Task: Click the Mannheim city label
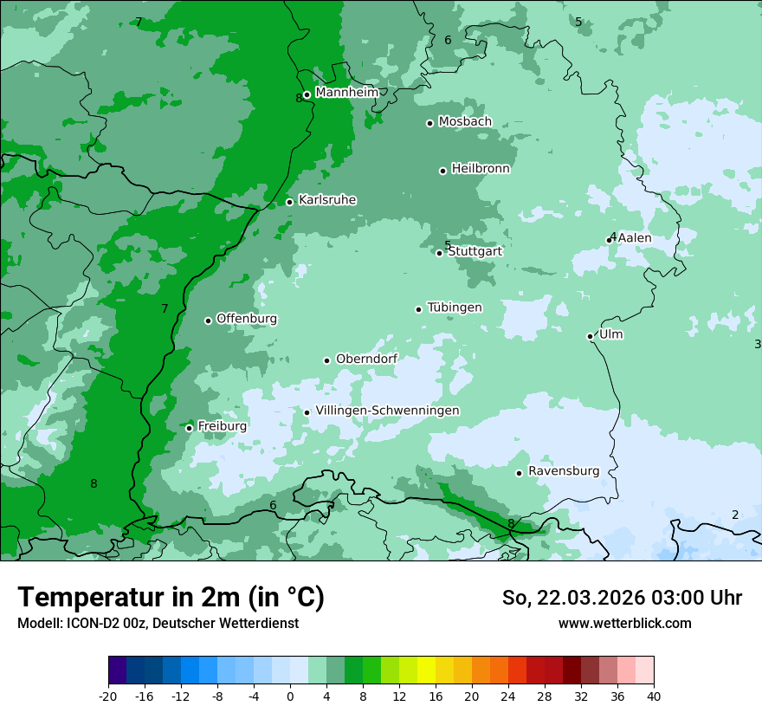pyautogui.click(x=347, y=92)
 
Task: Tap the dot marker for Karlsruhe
pyautogui.click(x=289, y=202)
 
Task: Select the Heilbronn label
pyautogui.click(x=481, y=168)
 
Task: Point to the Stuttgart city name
pyautogui.click(x=475, y=251)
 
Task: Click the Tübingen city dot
pyautogui.click(x=418, y=309)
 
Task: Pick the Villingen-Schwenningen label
pyautogui.click(x=387, y=410)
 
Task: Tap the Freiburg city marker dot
pyautogui.click(x=189, y=428)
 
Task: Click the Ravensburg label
pyautogui.click(x=564, y=470)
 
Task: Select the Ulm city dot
pyautogui.click(x=590, y=336)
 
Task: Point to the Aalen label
pyautogui.click(x=635, y=237)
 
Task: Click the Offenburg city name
pyautogui.click(x=247, y=318)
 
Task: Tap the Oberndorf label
pyautogui.click(x=366, y=359)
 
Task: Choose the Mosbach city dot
pyautogui.click(x=429, y=123)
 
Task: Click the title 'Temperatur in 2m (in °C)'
pyautogui.click(x=171, y=597)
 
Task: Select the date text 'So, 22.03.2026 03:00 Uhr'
pyautogui.click(x=622, y=598)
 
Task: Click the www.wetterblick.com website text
pyautogui.click(x=624, y=623)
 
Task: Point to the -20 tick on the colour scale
pyautogui.click(x=108, y=696)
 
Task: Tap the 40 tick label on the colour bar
pyautogui.click(x=654, y=696)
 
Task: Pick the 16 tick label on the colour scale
pyautogui.click(x=436, y=696)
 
